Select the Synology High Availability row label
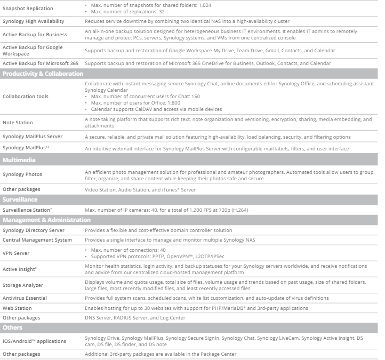pyautogui.click(x=33, y=21)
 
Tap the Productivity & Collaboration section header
pyautogui.click(x=43, y=74)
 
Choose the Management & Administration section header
pyautogui.click(x=47, y=220)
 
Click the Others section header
pyautogui.click(x=13, y=327)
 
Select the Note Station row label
pyautogui.click(x=18, y=123)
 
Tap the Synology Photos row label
pyautogui.click(x=22, y=174)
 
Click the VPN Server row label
pyautogui.click(x=16, y=253)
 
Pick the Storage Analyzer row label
pyautogui.click(x=22, y=285)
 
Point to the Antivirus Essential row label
pyautogui.click(x=25, y=298)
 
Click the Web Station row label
pyautogui.click(x=17, y=308)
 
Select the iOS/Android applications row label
pyautogui.click(x=34, y=341)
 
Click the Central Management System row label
pyautogui.click(x=37, y=240)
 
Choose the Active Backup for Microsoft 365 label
pyautogui.click(x=41, y=63)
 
